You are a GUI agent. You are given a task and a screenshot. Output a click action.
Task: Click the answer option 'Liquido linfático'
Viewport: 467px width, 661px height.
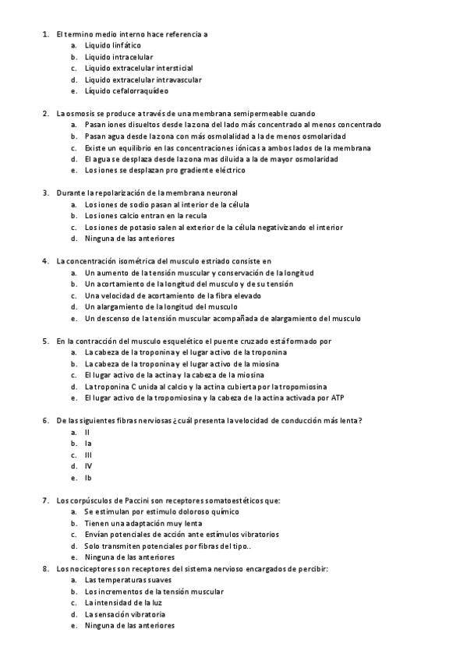tap(113, 46)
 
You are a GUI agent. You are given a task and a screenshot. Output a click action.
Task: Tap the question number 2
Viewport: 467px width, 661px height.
tap(45, 114)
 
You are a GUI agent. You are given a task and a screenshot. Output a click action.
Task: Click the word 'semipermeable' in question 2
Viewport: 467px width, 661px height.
tap(240, 114)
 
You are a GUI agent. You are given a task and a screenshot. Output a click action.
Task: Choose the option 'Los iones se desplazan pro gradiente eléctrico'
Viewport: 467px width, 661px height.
tap(165, 170)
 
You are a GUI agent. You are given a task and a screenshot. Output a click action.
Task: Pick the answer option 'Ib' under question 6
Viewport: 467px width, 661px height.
tap(88, 478)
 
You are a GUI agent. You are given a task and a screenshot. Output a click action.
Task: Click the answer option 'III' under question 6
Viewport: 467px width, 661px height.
tap(89, 454)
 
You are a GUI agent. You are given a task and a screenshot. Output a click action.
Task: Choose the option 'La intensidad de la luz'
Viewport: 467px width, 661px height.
tap(123, 603)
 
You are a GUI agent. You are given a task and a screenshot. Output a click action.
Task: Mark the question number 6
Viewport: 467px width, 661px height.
tap(45, 421)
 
